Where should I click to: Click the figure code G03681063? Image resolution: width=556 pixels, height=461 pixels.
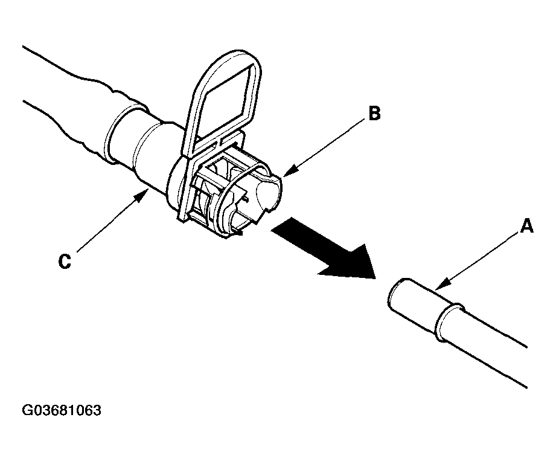(x=62, y=411)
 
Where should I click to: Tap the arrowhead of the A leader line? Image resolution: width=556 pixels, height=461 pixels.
(x=439, y=285)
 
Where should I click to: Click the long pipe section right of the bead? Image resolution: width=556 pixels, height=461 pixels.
(x=495, y=350)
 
